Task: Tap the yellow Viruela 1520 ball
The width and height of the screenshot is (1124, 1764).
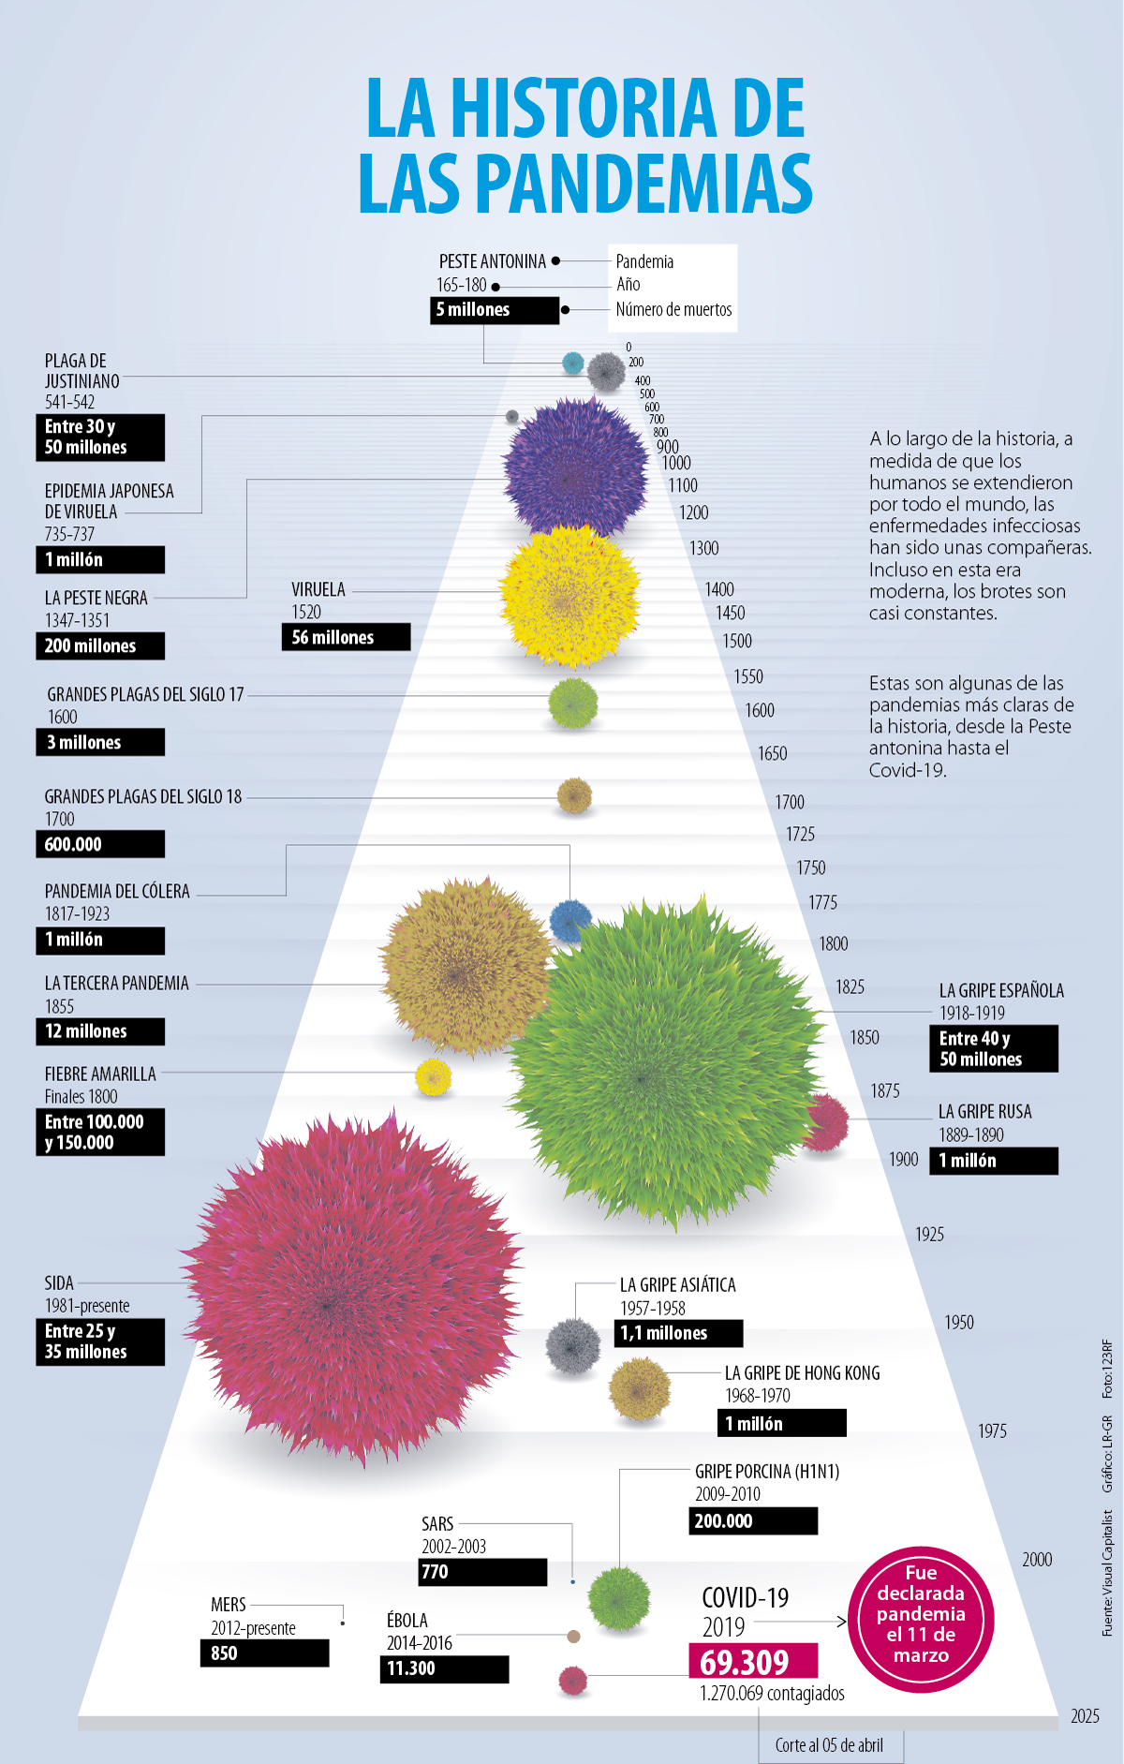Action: point(569,597)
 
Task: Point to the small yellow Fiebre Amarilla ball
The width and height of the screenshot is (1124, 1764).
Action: point(433,1077)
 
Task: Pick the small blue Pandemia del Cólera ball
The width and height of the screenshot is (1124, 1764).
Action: point(569,920)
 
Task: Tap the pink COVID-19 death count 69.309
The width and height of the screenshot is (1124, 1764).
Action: point(752,1662)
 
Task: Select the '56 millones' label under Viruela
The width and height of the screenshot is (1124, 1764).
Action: point(345,637)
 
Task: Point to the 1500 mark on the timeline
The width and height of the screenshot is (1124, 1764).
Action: point(737,642)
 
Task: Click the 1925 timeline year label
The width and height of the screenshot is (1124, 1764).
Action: point(929,1235)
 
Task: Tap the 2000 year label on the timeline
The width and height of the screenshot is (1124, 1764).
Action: point(1037,1560)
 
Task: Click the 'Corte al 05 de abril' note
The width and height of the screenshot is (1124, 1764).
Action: point(829,1745)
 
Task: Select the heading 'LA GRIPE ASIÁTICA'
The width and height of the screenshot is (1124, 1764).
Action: point(677,1285)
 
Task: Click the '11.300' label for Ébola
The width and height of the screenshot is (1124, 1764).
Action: point(443,1668)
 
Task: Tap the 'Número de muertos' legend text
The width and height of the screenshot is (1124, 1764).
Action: point(673,310)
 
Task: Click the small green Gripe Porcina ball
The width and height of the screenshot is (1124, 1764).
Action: point(618,1598)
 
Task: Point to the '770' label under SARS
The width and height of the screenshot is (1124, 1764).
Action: point(481,1572)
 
